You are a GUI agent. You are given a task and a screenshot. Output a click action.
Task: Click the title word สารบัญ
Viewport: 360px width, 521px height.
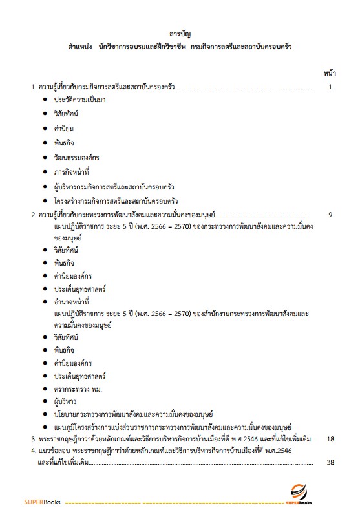[x=179, y=32]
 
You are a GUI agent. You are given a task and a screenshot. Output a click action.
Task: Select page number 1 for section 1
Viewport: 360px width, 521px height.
[x=330, y=87]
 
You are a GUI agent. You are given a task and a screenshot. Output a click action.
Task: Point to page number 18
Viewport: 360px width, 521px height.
[x=330, y=440]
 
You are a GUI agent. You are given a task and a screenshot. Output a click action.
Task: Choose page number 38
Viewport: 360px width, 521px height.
[x=330, y=462]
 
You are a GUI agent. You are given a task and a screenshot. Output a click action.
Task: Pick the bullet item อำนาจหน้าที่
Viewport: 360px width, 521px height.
[x=72, y=301]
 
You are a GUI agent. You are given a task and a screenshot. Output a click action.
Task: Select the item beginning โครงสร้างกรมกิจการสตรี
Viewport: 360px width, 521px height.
[x=116, y=200]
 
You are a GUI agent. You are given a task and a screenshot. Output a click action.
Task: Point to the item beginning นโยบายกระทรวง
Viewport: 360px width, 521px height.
[x=134, y=414]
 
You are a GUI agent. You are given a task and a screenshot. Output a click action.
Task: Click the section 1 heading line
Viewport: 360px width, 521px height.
[x=104, y=87]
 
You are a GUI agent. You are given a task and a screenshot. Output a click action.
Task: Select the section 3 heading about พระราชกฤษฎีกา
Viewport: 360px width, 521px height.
[x=175, y=440]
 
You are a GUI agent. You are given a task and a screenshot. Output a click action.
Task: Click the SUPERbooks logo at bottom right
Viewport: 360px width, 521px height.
[x=303, y=495]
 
